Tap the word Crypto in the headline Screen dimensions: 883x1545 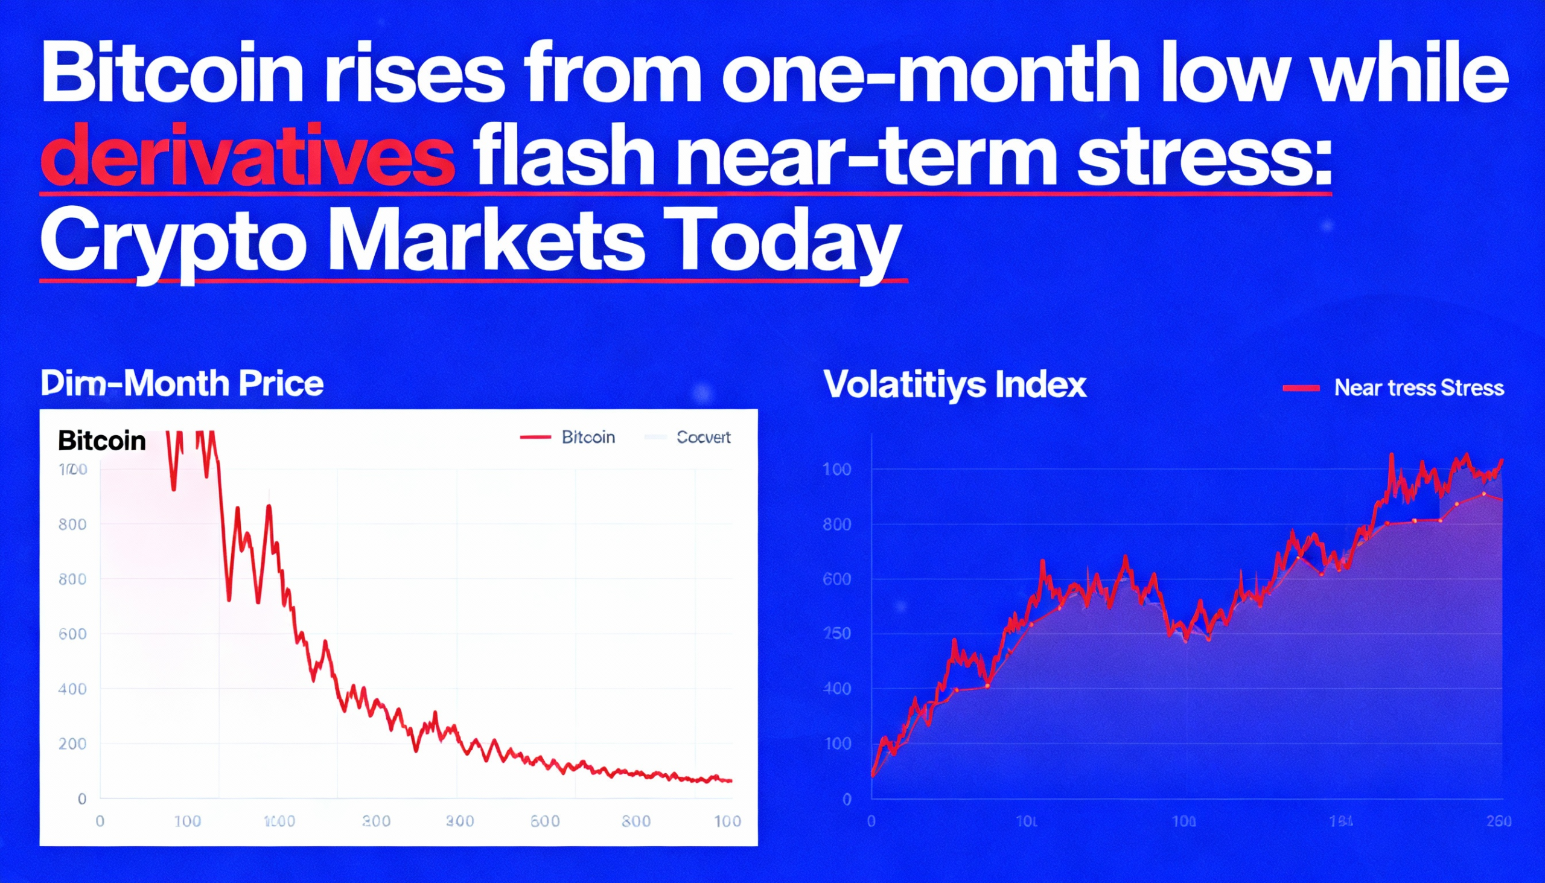[173, 241]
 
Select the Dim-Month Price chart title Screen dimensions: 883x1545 [182, 384]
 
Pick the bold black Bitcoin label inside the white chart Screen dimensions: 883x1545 [102, 441]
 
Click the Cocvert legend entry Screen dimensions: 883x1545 [702, 437]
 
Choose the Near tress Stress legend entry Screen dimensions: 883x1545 [1419, 388]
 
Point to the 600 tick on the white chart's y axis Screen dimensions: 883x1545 [72, 634]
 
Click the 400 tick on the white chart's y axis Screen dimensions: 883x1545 [72, 689]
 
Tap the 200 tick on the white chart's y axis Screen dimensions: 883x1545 [72, 744]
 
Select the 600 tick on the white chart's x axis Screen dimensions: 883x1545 [544, 821]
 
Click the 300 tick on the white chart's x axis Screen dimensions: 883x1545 [460, 821]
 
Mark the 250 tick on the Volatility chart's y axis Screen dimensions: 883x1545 [838, 634]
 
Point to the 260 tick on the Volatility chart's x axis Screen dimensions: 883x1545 [1499, 821]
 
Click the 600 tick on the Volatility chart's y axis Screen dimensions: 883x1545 [838, 579]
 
